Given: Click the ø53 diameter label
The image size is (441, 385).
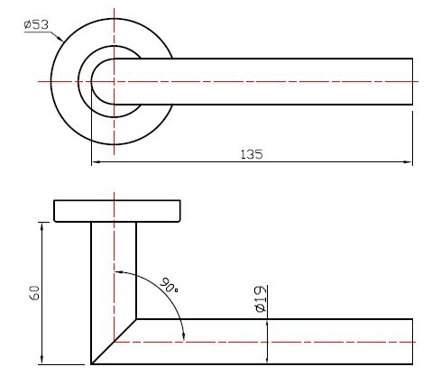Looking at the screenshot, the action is (x=36, y=24).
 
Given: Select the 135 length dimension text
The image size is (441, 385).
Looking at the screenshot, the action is (x=252, y=154).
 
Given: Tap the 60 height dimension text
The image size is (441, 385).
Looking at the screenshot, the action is (x=34, y=293).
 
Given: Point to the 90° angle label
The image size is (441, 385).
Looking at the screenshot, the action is (x=169, y=286).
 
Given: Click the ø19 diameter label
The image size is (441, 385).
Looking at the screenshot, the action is (x=261, y=299).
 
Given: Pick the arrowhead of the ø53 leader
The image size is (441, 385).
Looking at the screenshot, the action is (x=60, y=38).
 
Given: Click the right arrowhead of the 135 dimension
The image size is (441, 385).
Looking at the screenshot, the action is (x=408, y=162).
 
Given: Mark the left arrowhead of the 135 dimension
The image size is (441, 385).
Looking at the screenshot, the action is (x=96, y=162).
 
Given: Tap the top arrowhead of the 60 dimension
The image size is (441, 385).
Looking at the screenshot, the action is (x=42, y=227).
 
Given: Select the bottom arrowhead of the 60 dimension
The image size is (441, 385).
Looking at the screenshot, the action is (x=42, y=360).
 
